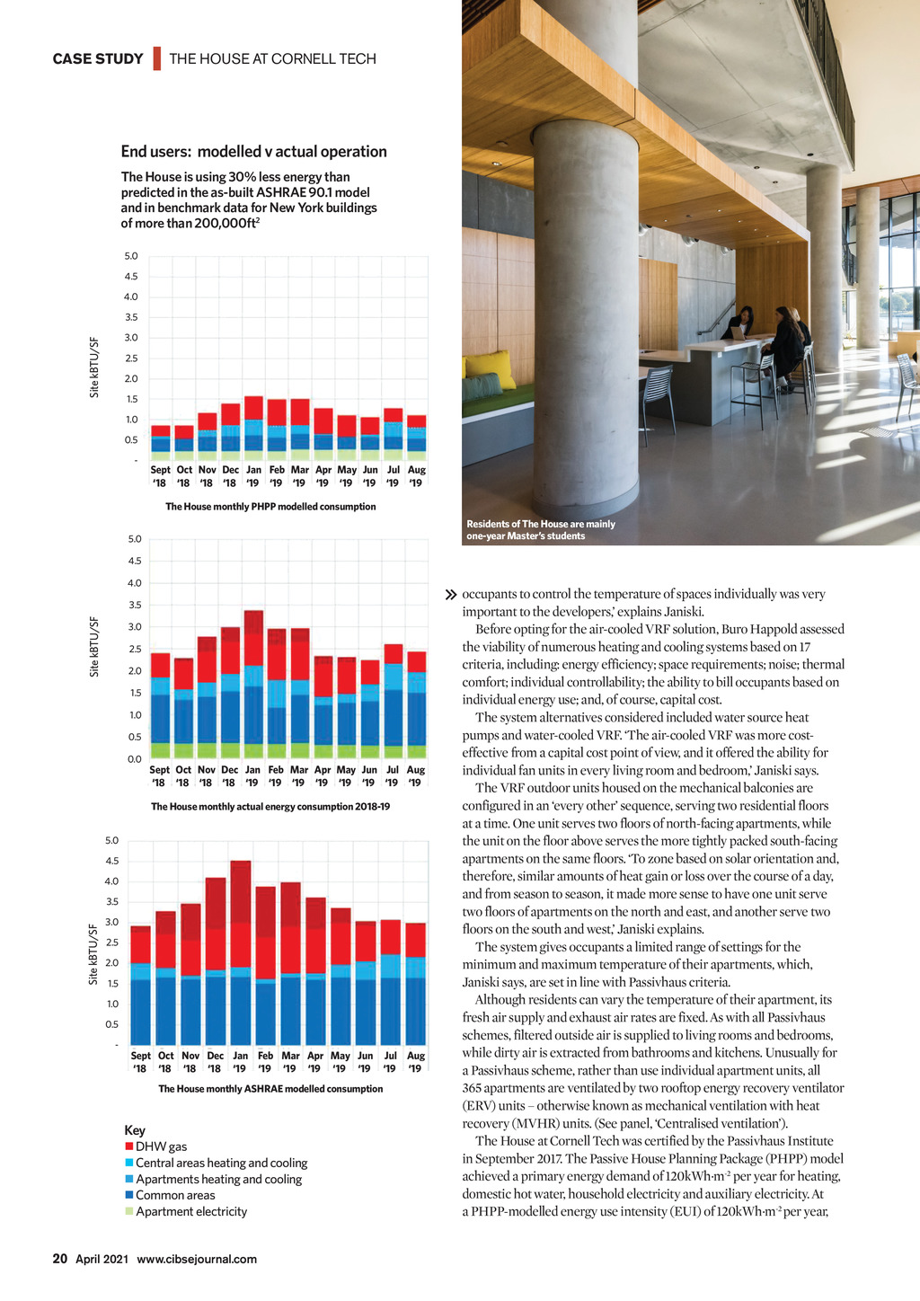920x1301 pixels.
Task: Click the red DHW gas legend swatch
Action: tap(129, 1146)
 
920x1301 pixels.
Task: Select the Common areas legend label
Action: tap(175, 1195)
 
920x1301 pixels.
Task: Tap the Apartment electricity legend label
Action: tap(191, 1211)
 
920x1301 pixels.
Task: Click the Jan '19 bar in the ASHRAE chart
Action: tap(241, 952)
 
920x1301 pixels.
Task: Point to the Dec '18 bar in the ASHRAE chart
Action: tap(216, 961)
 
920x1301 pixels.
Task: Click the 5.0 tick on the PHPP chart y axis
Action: tap(131, 256)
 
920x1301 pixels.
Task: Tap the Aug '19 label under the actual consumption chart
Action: tap(415, 776)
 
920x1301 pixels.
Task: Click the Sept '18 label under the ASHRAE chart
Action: tap(141, 1062)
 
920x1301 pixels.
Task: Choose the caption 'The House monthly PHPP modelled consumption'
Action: tap(270, 507)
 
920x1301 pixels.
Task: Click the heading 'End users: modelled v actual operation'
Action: tap(254, 152)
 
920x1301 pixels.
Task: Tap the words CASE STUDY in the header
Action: tap(98, 59)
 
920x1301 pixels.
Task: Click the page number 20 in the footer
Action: tap(60, 1259)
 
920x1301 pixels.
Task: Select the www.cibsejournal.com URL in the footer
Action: tap(197, 1259)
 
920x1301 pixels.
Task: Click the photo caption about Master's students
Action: tap(541, 530)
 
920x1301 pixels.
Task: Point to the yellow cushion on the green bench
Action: tap(490, 367)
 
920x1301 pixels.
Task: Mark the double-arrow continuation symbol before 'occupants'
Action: tap(451, 595)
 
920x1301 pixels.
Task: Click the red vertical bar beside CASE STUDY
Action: tap(156, 58)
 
